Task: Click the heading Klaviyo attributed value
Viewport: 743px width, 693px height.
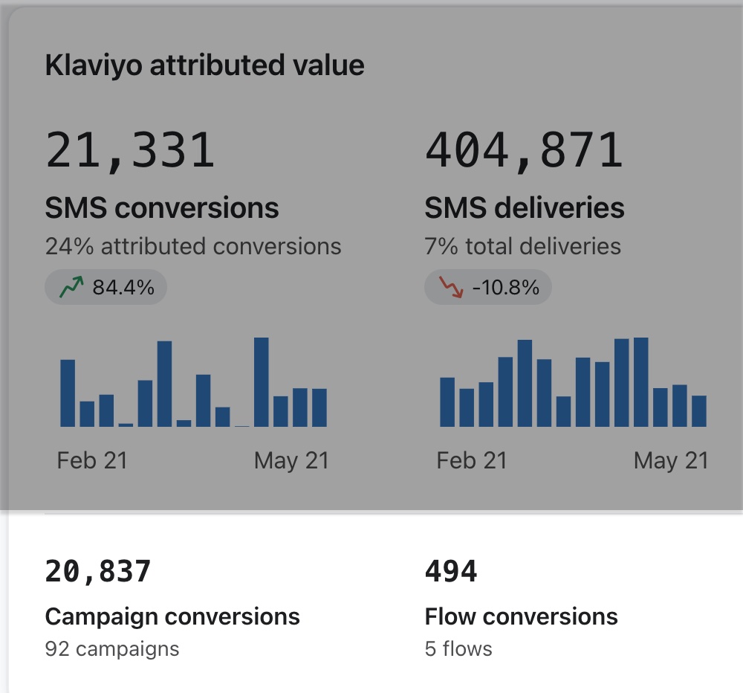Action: click(204, 65)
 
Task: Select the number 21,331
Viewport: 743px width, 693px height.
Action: click(130, 149)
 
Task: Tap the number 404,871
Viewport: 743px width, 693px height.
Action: click(524, 149)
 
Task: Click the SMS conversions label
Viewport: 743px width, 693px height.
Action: click(162, 207)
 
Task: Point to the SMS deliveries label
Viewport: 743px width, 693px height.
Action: click(525, 207)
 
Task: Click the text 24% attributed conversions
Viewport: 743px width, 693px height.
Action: click(193, 246)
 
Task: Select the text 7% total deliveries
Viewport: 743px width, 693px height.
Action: click(522, 246)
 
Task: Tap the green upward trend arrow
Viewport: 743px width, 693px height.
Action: click(71, 288)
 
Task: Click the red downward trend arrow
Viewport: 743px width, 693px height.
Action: click(451, 288)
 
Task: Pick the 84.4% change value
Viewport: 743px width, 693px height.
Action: click(123, 288)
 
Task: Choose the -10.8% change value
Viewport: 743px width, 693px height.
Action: click(505, 288)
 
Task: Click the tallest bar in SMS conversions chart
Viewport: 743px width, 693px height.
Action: click(262, 382)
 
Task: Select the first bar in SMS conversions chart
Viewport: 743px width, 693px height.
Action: click(68, 393)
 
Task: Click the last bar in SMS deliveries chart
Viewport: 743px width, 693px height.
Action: click(698, 410)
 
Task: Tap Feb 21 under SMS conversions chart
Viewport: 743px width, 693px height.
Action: click(92, 461)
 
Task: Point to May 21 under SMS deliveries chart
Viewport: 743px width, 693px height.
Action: click(671, 461)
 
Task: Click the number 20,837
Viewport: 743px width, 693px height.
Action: click(98, 572)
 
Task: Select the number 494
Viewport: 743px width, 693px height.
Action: click(451, 572)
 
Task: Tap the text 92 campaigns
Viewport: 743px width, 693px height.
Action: click(112, 649)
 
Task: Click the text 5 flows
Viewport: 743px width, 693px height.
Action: click(458, 649)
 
